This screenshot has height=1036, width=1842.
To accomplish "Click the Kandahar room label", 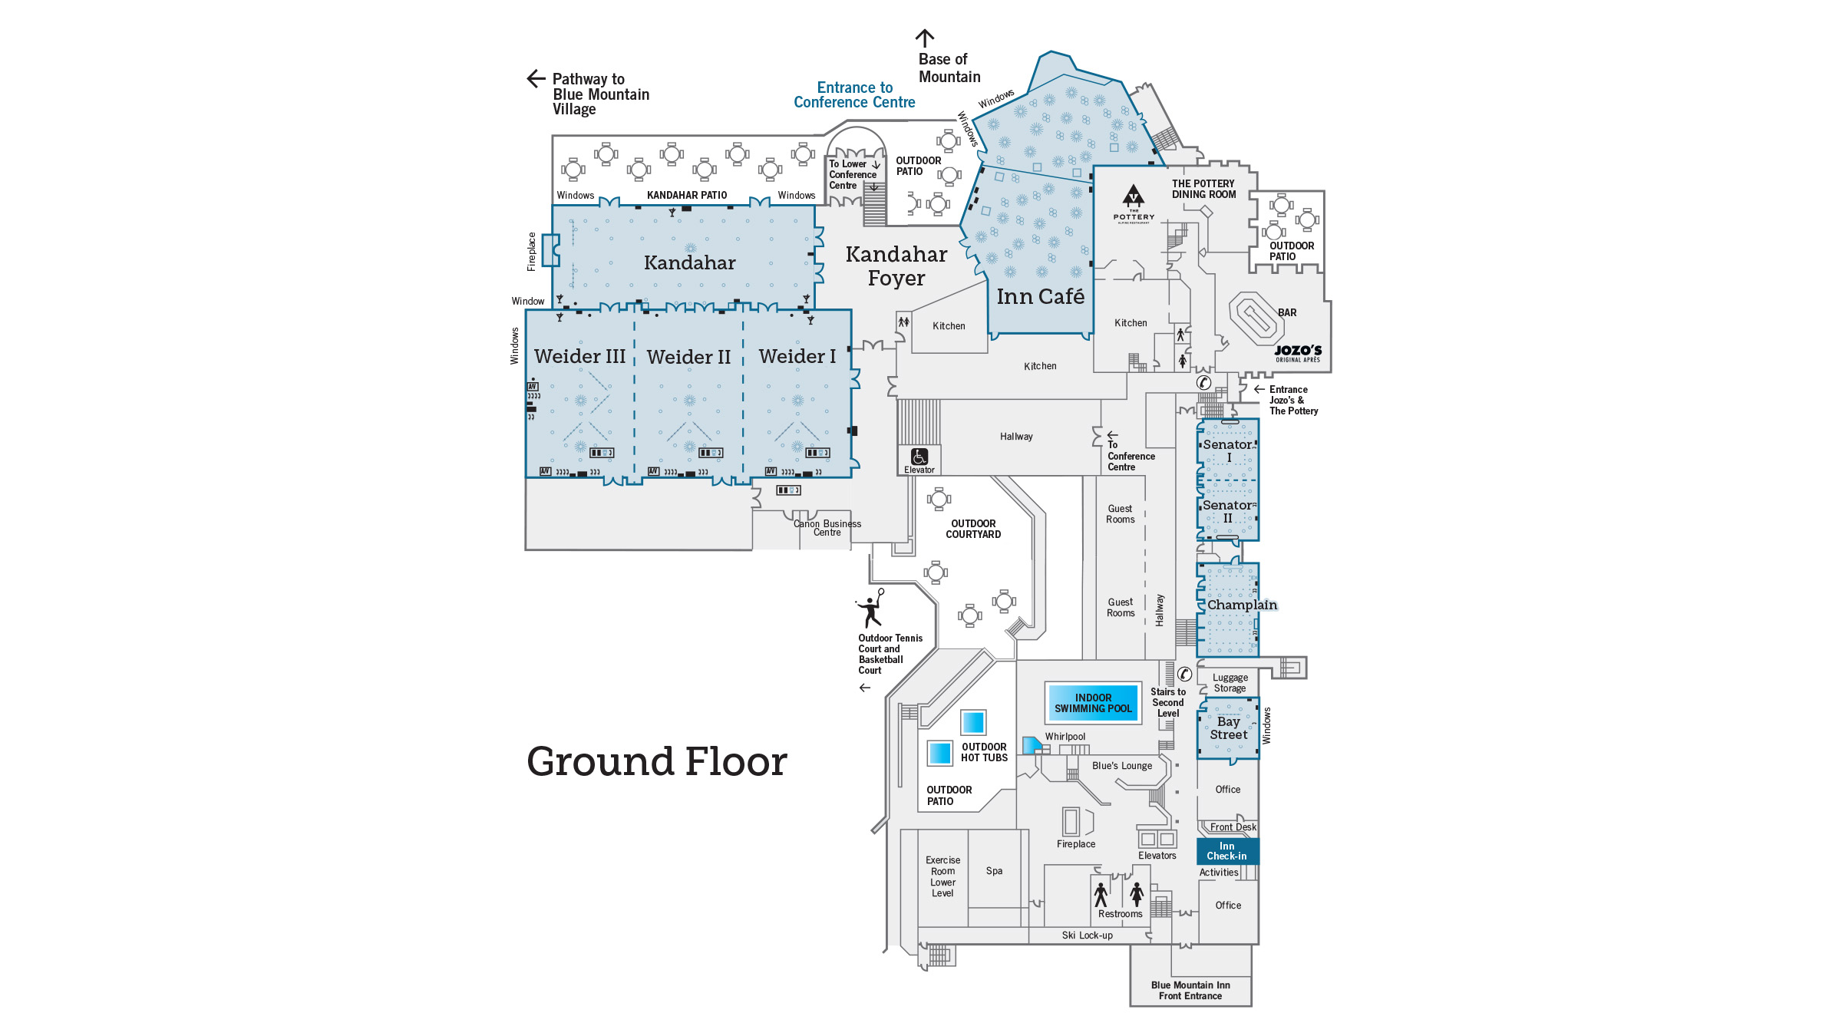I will click(689, 262).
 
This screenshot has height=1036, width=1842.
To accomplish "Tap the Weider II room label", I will click(688, 357).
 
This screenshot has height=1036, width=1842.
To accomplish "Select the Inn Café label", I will click(1040, 296).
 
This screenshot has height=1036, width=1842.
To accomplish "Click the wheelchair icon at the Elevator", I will click(919, 457).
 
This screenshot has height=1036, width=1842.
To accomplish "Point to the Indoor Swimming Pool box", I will click(1092, 702).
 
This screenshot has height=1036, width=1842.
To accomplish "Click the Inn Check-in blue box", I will click(1226, 850).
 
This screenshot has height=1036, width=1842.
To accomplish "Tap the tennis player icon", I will click(870, 609).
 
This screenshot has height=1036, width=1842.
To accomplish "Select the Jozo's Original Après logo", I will click(1298, 353).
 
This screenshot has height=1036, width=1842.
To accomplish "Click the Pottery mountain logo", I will click(1134, 197).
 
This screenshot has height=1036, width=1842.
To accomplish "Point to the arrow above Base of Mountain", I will click(925, 38).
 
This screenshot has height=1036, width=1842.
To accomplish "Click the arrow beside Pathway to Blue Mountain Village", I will click(536, 78).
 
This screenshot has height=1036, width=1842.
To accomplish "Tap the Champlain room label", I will click(1241, 605).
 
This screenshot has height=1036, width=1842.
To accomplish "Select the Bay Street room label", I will click(1228, 728).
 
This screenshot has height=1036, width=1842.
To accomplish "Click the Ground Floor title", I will click(656, 761).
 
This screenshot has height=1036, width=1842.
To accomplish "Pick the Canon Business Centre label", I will click(827, 528).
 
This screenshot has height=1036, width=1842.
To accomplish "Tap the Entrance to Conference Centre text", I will click(854, 94).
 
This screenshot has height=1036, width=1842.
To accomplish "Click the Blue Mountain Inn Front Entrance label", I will click(1190, 990).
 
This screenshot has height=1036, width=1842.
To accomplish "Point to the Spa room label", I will click(994, 870).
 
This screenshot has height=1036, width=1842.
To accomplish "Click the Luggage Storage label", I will click(1230, 682).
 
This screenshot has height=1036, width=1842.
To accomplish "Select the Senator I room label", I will click(1227, 450).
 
